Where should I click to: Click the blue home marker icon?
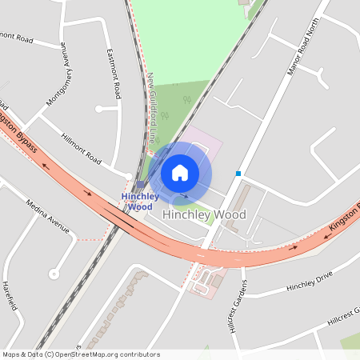point(180,172)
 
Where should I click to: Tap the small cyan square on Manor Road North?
point(238,173)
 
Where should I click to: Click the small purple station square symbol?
point(140,184)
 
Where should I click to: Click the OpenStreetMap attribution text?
point(81,354)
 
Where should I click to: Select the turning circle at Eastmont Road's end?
point(99,109)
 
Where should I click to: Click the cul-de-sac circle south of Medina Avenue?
point(54,274)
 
